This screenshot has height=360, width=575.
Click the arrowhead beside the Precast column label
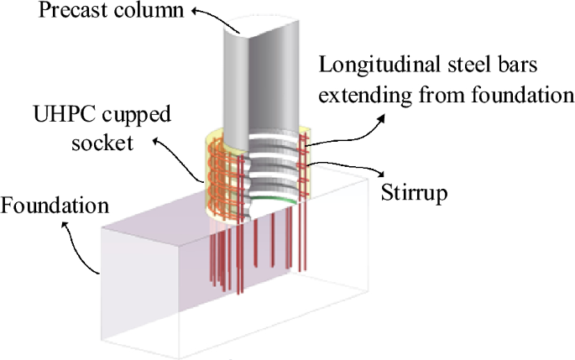click(196, 11)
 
